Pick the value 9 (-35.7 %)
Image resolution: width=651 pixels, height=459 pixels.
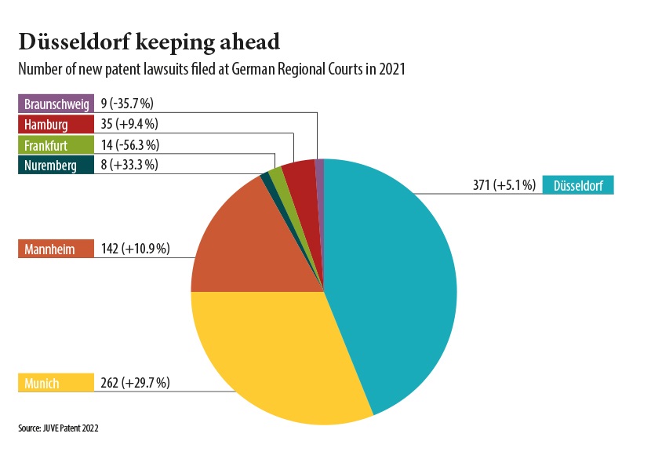tap(129, 104)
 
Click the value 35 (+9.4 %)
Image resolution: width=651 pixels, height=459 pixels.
tap(129, 124)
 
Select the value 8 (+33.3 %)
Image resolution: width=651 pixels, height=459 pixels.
tap(129, 165)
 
